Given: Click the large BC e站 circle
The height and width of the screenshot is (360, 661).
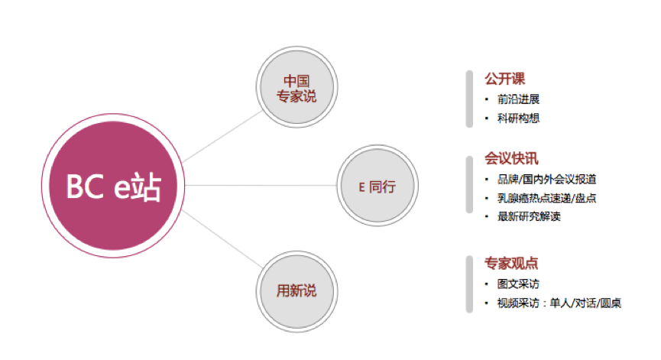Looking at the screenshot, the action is (113, 186).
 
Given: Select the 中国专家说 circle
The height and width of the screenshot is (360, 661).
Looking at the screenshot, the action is (296, 87).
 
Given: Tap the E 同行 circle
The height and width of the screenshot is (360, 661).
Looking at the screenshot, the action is (377, 186).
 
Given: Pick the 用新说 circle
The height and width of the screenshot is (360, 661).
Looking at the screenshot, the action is (296, 291).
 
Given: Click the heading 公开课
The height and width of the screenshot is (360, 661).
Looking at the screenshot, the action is (504, 79).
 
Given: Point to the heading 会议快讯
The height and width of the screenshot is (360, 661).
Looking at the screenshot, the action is (511, 158).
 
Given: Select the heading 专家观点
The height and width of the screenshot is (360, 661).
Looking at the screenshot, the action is (511, 263).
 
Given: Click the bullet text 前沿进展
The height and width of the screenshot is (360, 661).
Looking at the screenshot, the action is (519, 99).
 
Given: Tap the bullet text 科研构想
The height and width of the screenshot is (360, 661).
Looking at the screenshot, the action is (519, 118).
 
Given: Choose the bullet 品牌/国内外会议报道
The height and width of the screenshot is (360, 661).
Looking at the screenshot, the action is (547, 179).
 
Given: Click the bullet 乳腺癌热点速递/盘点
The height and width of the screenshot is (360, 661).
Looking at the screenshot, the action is (547, 198).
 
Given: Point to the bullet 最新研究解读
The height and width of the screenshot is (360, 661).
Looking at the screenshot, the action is (529, 216).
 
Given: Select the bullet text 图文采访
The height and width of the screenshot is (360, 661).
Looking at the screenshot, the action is (519, 284).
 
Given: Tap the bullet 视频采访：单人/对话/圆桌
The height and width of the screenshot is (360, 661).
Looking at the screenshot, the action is (559, 303).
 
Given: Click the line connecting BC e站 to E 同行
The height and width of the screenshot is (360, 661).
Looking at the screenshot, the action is (261, 186).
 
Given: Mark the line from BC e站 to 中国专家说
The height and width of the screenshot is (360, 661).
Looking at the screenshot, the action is (222, 137).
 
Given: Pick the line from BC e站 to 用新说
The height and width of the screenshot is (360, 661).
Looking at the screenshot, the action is (222, 239).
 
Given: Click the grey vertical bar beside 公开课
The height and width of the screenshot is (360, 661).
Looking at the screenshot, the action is (469, 99).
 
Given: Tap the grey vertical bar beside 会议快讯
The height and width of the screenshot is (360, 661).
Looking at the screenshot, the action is (469, 185).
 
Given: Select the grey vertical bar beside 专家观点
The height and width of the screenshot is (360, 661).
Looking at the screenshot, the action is (469, 284).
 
